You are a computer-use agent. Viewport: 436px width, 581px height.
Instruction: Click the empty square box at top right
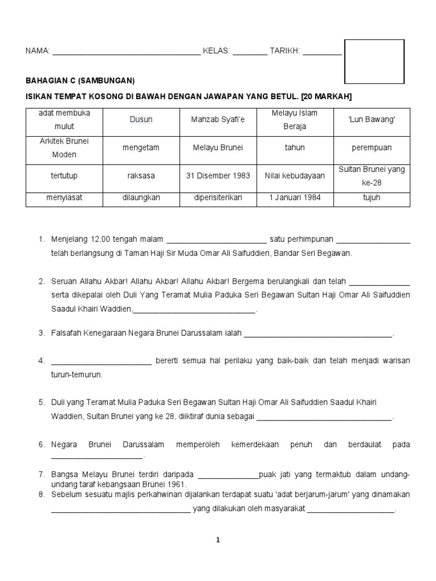[x=375, y=61]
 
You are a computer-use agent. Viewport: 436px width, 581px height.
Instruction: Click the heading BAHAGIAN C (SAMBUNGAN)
[x=81, y=81]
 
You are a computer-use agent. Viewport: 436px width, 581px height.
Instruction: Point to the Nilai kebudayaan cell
[x=294, y=176]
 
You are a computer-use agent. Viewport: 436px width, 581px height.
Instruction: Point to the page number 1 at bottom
[x=217, y=541]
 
